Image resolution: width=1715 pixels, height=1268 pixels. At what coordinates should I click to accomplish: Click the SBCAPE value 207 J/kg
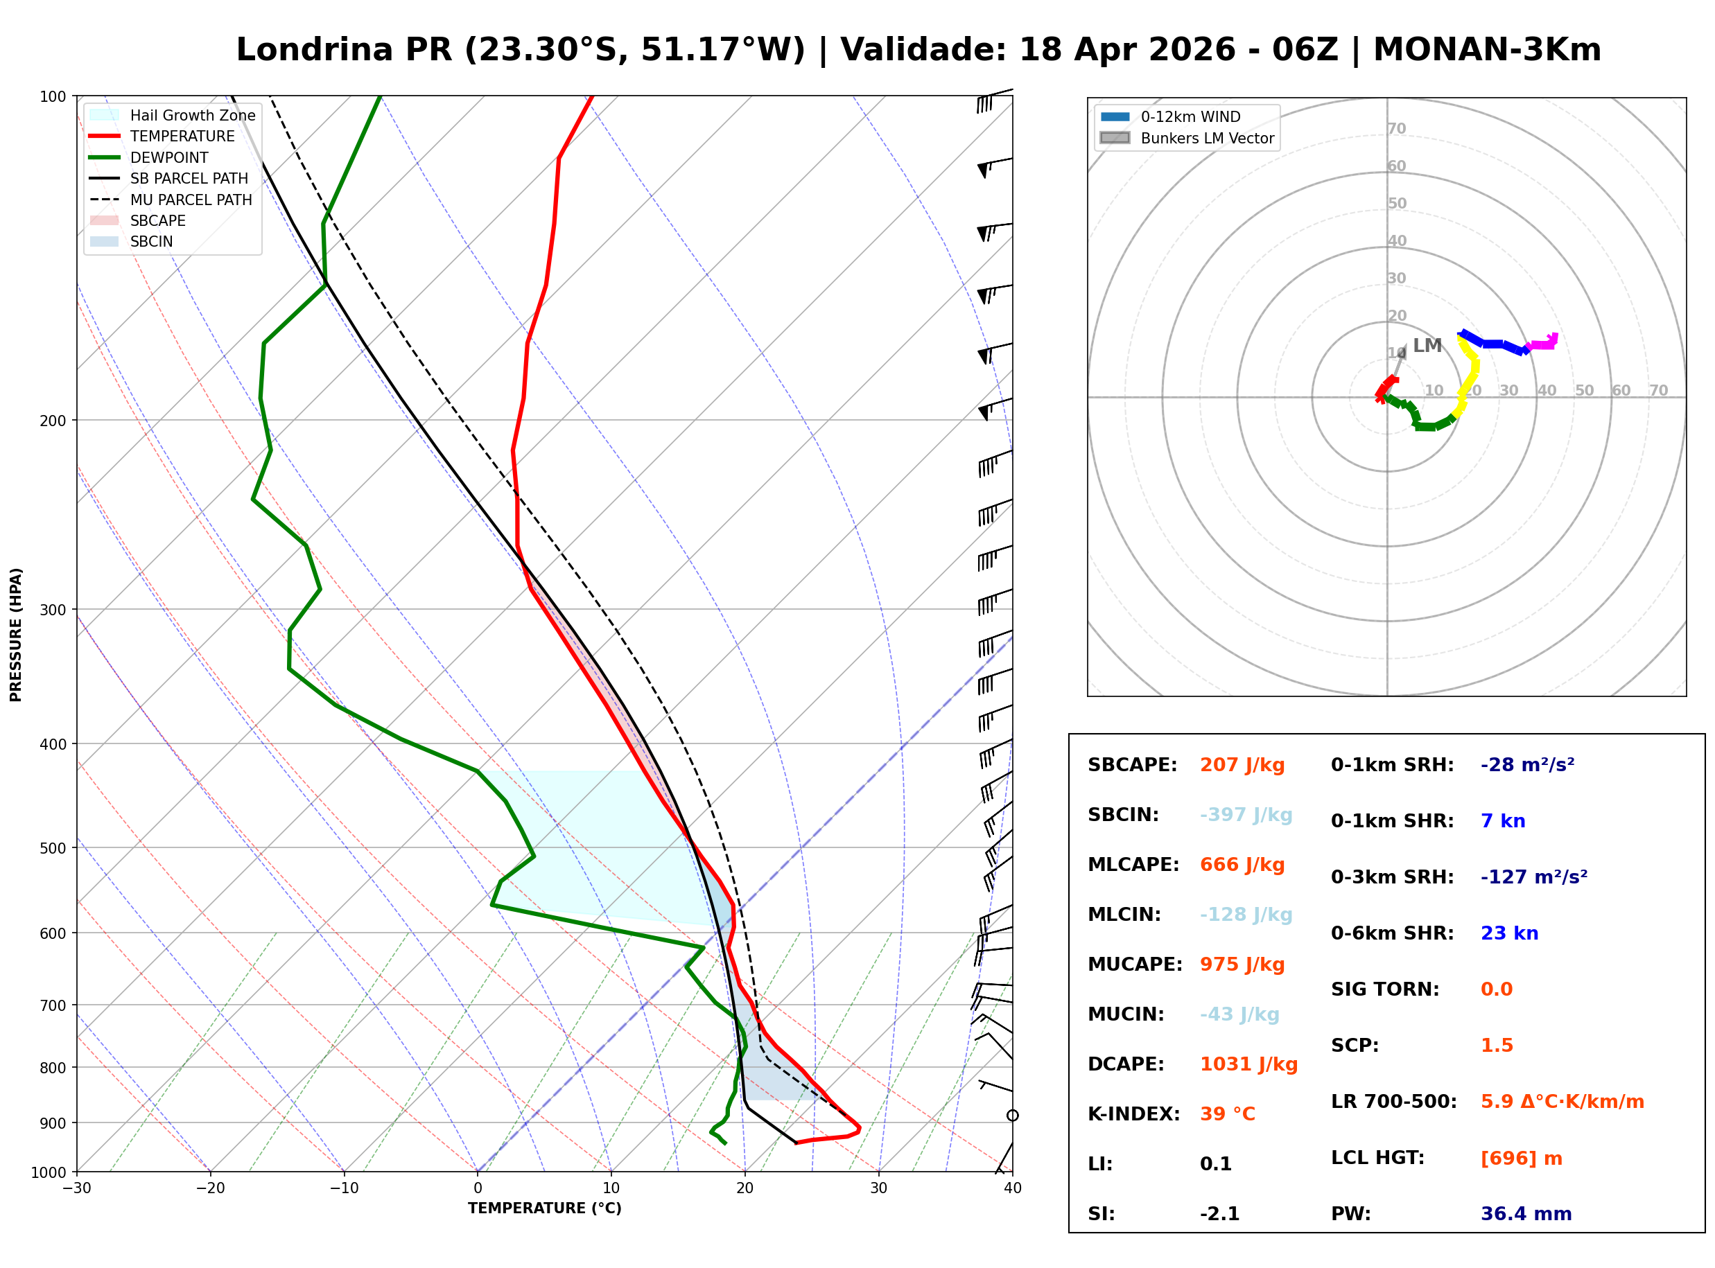(x=1242, y=765)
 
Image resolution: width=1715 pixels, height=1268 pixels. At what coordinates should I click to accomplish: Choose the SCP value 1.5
(x=1496, y=1046)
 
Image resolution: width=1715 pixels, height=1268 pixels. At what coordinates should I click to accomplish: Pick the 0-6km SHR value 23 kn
(x=1508, y=933)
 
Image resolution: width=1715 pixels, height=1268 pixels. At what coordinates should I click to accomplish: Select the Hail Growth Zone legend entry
(x=192, y=115)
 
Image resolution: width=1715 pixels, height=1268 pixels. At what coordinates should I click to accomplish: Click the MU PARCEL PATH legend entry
(x=191, y=200)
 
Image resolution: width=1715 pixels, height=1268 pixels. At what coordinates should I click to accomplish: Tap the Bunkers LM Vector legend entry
(x=1207, y=138)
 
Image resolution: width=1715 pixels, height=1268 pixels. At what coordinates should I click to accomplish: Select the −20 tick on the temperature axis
(x=209, y=1188)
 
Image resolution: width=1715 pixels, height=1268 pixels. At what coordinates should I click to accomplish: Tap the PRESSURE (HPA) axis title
(x=16, y=635)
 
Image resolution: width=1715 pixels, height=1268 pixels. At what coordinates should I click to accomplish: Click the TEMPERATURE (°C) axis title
(x=544, y=1208)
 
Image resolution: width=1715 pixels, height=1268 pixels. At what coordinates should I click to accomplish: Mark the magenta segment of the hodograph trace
(x=1543, y=344)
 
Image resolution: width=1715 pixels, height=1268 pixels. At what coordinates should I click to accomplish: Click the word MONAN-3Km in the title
(x=1486, y=50)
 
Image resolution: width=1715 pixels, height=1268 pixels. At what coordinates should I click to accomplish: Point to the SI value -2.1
(x=1219, y=1214)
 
